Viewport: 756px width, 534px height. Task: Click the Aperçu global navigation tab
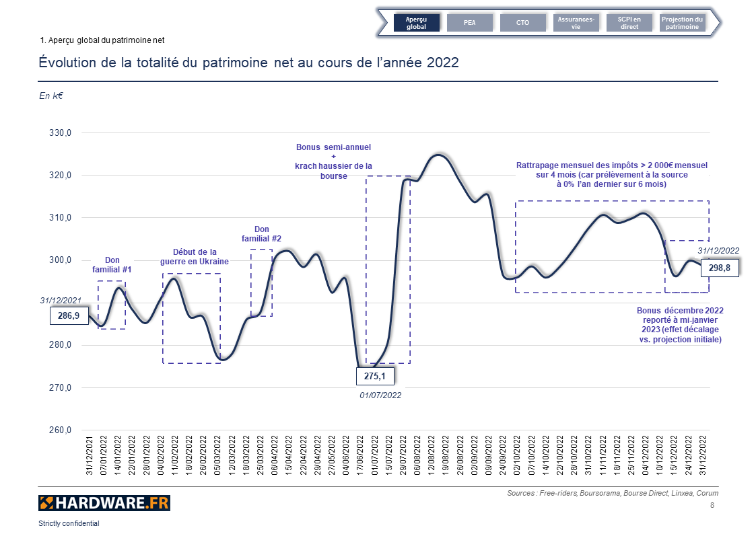pos(417,23)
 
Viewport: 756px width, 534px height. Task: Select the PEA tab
pos(470,23)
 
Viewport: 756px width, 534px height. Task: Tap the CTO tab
pos(522,23)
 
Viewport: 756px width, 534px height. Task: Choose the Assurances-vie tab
pos(576,23)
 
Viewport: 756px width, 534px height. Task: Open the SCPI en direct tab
pos(629,23)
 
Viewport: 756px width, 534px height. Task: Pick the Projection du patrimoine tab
pos(682,23)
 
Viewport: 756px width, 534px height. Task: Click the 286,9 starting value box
pos(69,315)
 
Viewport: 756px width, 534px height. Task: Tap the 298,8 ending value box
pos(720,268)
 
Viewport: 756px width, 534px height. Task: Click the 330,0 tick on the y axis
pos(60,133)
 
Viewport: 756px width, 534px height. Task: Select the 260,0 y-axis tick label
pos(60,430)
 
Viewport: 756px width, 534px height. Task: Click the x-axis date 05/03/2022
pos(217,456)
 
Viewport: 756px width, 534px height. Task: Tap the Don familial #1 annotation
pos(112,265)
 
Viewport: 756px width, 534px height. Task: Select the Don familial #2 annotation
pos(262,234)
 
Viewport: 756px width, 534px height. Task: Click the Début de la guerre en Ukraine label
pos(195,256)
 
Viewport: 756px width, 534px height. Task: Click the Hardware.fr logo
pos(104,502)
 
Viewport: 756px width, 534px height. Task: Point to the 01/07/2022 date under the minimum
pos(381,395)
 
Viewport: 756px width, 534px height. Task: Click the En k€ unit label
pos(51,96)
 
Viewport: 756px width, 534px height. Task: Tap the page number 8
pos(712,506)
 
